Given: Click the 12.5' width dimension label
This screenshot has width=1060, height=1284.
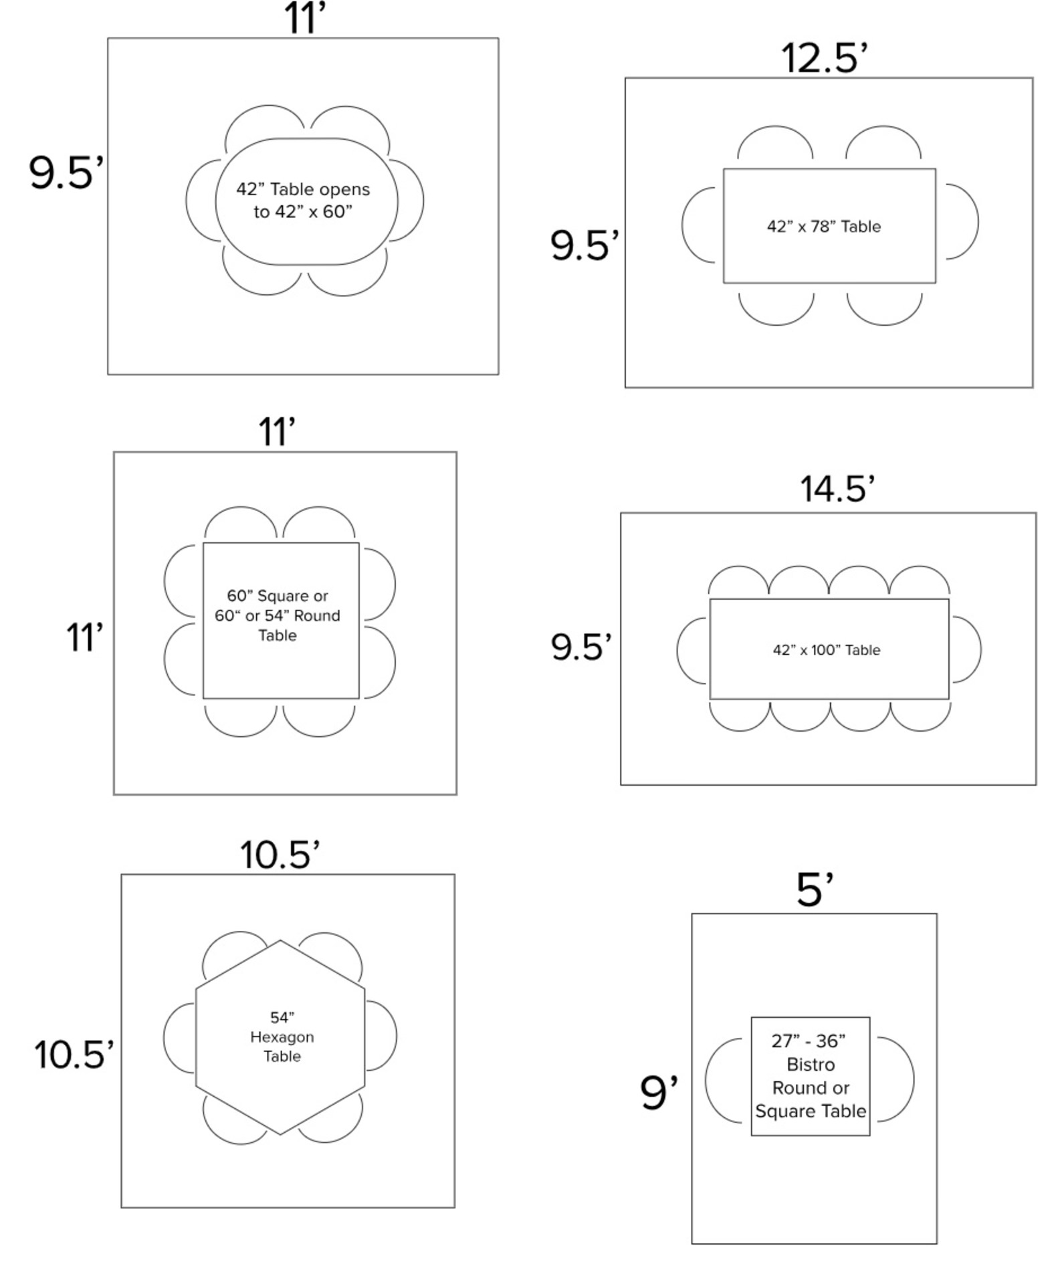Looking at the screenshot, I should point(824,58).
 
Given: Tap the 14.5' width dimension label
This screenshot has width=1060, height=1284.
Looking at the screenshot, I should point(837,489).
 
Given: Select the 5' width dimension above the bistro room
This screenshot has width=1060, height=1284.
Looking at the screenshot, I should point(814,890).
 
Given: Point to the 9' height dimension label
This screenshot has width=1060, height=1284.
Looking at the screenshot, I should point(659,1093).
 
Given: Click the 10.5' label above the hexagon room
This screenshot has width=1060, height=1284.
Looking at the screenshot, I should point(280,855).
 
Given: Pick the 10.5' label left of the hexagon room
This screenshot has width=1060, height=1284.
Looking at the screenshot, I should point(74,1055).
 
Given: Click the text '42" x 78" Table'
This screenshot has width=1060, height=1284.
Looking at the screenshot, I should point(823,227).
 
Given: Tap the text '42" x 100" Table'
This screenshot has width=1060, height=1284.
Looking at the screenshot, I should point(826,650).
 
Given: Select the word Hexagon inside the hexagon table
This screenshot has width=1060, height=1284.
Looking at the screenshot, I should point(282,1037).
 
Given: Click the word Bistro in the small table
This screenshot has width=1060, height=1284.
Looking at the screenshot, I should point(811,1064).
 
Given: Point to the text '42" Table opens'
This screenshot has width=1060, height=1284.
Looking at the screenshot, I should point(302,189).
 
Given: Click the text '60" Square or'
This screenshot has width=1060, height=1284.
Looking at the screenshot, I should point(277,596).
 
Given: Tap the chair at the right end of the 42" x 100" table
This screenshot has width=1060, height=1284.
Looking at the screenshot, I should point(966,649).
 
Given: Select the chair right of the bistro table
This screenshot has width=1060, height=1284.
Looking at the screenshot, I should point(896,1078).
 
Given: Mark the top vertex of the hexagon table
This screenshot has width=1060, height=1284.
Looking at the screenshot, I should point(280,942).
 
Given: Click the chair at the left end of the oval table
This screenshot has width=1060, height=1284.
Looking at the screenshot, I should point(201,200).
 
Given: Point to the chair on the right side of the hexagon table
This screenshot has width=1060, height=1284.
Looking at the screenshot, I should point(381,1036).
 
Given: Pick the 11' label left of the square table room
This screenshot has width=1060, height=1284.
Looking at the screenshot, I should point(84,637).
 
